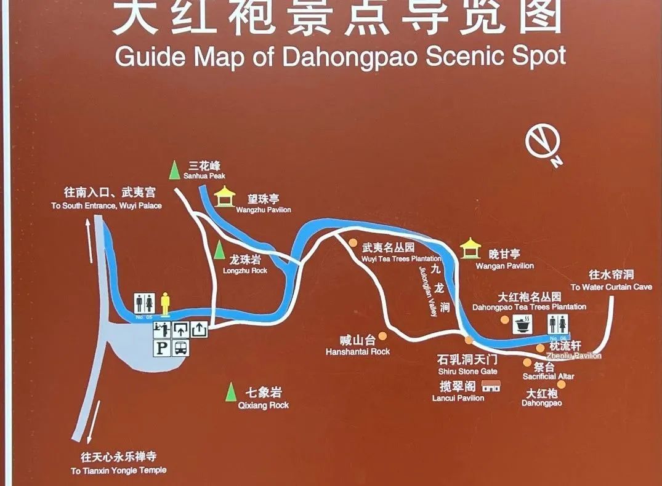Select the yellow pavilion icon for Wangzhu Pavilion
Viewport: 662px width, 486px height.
225,197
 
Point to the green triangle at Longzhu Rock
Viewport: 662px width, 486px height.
219,250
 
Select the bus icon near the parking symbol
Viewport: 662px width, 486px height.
182,348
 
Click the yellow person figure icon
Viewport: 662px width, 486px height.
165,302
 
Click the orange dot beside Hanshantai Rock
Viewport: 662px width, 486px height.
383,336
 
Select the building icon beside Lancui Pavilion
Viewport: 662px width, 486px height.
491,386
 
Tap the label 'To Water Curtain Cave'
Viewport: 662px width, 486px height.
611,287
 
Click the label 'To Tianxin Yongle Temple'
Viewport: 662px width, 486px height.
118,471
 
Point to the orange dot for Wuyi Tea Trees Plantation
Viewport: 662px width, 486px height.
353,242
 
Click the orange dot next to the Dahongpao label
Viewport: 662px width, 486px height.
561,384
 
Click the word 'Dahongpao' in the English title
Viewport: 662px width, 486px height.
349,57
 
